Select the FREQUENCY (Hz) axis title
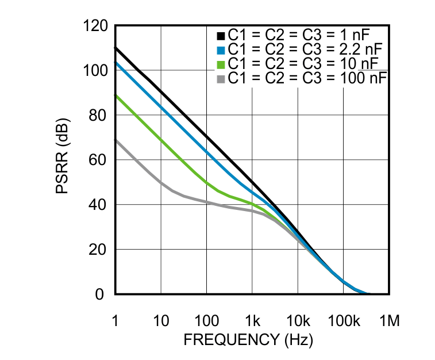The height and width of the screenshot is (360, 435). click(x=248, y=340)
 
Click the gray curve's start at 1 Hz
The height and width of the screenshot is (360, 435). click(x=116, y=140)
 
